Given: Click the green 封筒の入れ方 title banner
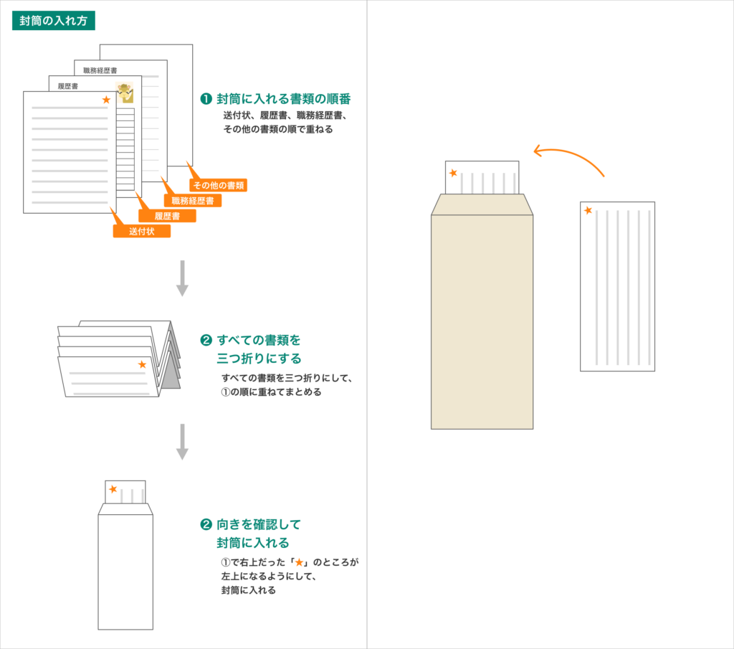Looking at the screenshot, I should coord(54,21).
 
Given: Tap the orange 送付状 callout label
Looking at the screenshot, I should coord(141,231).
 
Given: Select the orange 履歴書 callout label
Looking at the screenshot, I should coord(166,216).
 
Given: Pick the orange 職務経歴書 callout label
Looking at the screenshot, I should coord(192,201).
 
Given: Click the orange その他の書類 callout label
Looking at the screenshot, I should coord(218,185).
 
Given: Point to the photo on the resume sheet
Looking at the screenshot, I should coord(125,93).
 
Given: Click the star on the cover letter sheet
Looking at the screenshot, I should coord(106,100).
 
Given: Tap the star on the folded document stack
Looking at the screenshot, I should coord(142,364).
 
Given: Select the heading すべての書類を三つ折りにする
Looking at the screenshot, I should coord(259,348).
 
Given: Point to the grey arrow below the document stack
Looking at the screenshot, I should coord(182,278).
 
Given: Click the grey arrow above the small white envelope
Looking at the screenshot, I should coord(182,441).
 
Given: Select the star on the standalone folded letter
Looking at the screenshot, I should coord(588,210).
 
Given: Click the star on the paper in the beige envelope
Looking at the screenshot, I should coord(453,173).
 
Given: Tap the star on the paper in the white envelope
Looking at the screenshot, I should coord(113,489).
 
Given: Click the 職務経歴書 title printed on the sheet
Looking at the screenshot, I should coord(100,70).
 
